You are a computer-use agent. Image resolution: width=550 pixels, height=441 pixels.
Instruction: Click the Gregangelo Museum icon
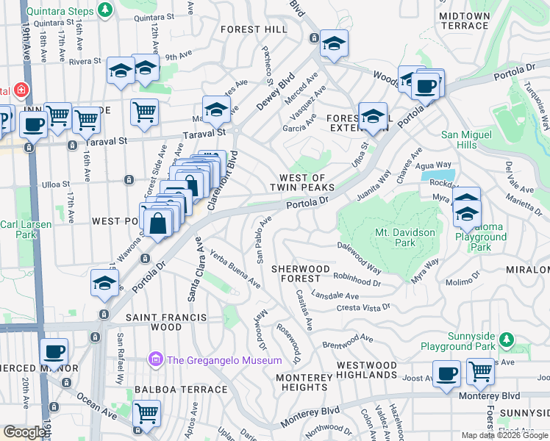pos(155,360)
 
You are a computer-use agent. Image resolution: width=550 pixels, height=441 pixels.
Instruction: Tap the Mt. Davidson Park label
pos(405,237)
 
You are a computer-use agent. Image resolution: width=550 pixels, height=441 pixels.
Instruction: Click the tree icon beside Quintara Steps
pos(106,10)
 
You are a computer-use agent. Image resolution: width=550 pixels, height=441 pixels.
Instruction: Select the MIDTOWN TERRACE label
pos(463,21)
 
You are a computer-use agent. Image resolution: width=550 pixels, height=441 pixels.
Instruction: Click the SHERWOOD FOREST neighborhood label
pos(296,273)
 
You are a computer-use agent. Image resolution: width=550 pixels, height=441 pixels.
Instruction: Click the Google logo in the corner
pos(24,432)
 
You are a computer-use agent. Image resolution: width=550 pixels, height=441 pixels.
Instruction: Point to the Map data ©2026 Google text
pos(504,435)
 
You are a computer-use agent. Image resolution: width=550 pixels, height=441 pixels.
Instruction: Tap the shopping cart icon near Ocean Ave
pos(146,415)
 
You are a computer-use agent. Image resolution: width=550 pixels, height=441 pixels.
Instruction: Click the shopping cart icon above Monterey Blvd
pos(479,371)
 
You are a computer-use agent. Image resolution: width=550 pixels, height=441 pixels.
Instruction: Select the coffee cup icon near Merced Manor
pos(54,351)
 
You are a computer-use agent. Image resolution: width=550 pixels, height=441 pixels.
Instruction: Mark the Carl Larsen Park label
pos(19,230)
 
